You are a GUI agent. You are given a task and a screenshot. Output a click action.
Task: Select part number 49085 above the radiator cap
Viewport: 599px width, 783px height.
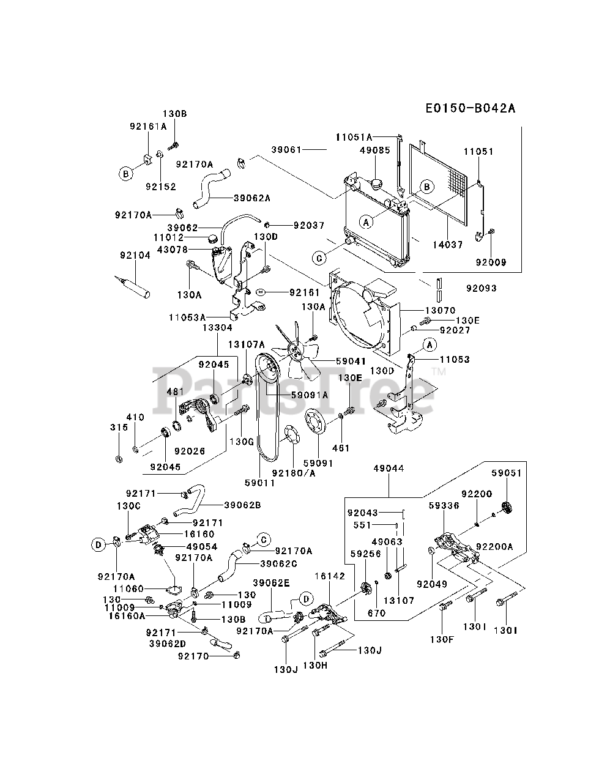[x=375, y=150]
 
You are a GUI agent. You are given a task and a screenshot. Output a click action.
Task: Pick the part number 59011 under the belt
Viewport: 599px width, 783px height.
[x=259, y=483]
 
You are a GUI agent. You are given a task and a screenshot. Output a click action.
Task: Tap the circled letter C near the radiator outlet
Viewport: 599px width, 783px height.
[x=319, y=258]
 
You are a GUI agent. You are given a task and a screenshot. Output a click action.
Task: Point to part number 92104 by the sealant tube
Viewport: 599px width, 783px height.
[x=135, y=256]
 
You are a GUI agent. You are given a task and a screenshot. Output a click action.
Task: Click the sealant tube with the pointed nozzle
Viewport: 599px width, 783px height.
[x=135, y=288]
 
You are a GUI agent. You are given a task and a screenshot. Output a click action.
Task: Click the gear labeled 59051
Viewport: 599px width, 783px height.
[x=505, y=508]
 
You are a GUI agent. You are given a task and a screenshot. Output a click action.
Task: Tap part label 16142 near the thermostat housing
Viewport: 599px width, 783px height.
[x=330, y=576]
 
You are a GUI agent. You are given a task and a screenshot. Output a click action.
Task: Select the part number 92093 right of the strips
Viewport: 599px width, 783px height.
[x=481, y=288]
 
